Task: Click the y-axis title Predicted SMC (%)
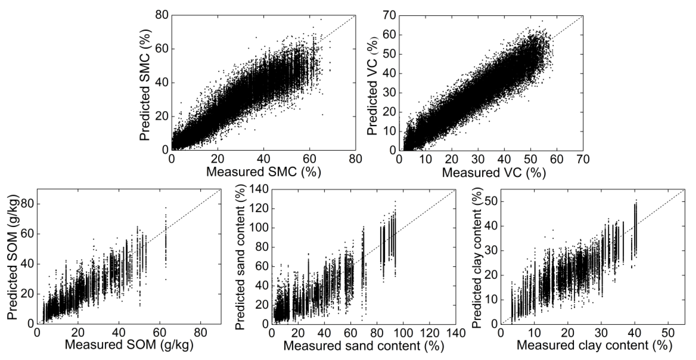click(145, 83)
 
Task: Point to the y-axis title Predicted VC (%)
click(373, 83)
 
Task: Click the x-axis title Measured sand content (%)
click(364, 346)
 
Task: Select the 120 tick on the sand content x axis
click(430, 333)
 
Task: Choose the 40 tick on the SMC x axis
click(263, 159)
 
